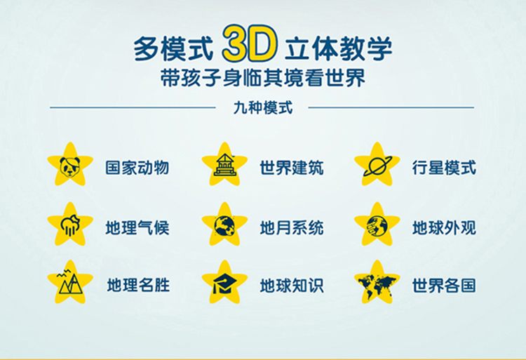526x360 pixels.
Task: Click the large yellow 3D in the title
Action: tap(250, 43)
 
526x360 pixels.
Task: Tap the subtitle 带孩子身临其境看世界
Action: tap(263, 78)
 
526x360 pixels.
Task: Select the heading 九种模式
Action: tap(263, 107)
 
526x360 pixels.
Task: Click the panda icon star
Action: tap(70, 165)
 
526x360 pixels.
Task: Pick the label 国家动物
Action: tap(137, 168)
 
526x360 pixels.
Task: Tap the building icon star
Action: tap(224, 165)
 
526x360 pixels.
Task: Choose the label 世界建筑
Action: tap(292, 168)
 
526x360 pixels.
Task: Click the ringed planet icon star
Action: tap(377, 165)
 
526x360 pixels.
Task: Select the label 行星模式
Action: tap(444, 168)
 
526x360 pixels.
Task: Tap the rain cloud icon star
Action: tap(70, 225)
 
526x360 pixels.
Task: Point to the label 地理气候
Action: tap(137, 228)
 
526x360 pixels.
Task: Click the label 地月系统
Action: tap(292, 228)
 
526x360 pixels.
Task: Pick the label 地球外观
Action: tap(444, 228)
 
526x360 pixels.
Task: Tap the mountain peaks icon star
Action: tap(70, 283)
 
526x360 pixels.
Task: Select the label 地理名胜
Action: tap(138, 285)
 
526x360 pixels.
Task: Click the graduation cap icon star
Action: tap(224, 283)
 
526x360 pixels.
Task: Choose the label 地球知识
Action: tap(292, 286)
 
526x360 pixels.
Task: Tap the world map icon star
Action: tap(377, 283)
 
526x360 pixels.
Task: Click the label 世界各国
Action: tap(444, 286)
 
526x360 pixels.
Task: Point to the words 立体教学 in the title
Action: tap(338, 48)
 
